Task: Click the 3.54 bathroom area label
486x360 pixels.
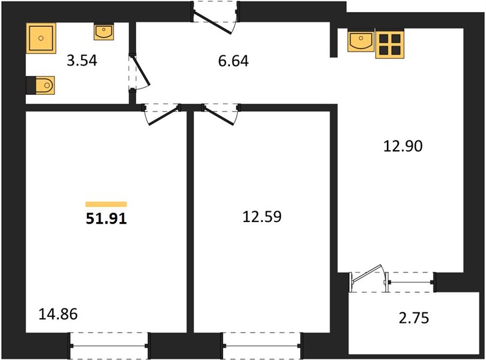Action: coord(82,61)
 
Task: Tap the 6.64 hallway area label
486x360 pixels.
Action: coord(233,61)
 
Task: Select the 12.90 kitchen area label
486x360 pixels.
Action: coord(403,146)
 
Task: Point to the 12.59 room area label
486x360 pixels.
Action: coord(262,217)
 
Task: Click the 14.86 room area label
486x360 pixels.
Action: coord(58,314)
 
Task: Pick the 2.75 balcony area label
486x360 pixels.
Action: coord(414,318)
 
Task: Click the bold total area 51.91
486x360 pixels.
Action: coord(106,219)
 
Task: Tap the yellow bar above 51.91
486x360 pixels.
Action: coord(106,204)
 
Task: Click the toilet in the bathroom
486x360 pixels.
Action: coord(40,85)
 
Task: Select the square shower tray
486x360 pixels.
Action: coord(41,38)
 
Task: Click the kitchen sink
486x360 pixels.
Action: coord(361,41)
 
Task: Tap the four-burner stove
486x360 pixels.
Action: coord(390,44)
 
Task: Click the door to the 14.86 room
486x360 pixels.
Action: coord(161,114)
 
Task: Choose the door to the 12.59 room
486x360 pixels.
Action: coord(221,114)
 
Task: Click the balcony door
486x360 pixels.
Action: coord(369,278)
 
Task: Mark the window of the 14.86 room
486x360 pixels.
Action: coord(109,346)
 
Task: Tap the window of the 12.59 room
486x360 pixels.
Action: coord(262,346)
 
